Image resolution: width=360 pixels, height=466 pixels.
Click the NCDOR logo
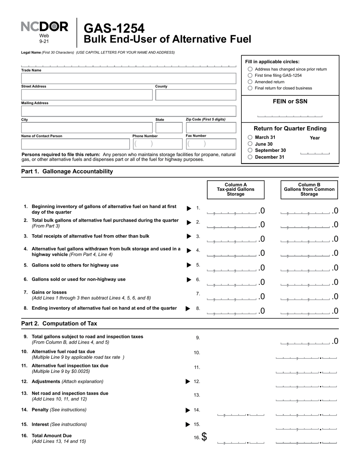click(x=44, y=27)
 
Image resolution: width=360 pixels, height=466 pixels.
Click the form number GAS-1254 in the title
click(x=114, y=28)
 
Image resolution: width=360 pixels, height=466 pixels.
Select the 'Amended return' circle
click(x=250, y=82)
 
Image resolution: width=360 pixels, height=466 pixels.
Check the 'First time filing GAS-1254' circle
click(x=250, y=75)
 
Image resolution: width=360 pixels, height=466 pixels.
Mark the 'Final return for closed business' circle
click(x=250, y=88)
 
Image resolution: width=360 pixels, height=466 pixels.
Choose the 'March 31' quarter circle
click(x=250, y=138)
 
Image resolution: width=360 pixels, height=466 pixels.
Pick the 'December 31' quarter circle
click(x=250, y=157)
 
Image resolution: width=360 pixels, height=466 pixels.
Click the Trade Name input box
click(x=128, y=78)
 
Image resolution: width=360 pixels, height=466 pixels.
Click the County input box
click(x=196, y=95)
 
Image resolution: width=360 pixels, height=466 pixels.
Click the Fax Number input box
click(x=211, y=144)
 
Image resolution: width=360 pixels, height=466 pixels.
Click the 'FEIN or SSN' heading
click(x=290, y=102)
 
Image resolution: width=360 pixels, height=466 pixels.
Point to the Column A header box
click(x=235, y=189)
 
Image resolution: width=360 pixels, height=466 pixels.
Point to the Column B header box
click(x=309, y=189)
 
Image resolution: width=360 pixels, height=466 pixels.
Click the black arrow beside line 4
click(x=189, y=250)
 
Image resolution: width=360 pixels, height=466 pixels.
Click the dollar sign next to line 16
click(x=204, y=437)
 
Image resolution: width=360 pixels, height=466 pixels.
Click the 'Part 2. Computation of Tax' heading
click(x=59, y=324)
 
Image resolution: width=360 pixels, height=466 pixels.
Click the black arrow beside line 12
click(x=188, y=382)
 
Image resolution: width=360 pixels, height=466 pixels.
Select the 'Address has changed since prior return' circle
click(x=250, y=69)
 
